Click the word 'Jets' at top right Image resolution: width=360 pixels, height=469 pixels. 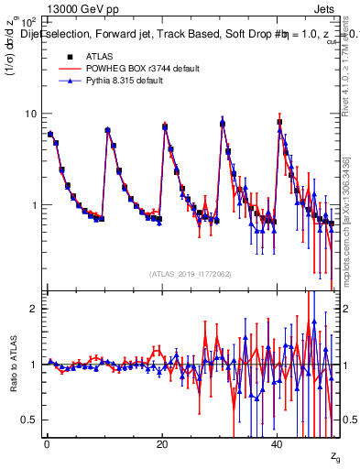325,6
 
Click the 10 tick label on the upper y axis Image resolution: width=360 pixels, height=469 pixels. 30,114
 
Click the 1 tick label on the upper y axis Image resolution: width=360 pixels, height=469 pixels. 33,205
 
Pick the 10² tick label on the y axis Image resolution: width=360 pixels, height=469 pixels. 28,21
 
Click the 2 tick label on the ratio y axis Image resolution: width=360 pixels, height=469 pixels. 33,309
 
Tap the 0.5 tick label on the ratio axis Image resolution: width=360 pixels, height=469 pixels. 28,420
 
